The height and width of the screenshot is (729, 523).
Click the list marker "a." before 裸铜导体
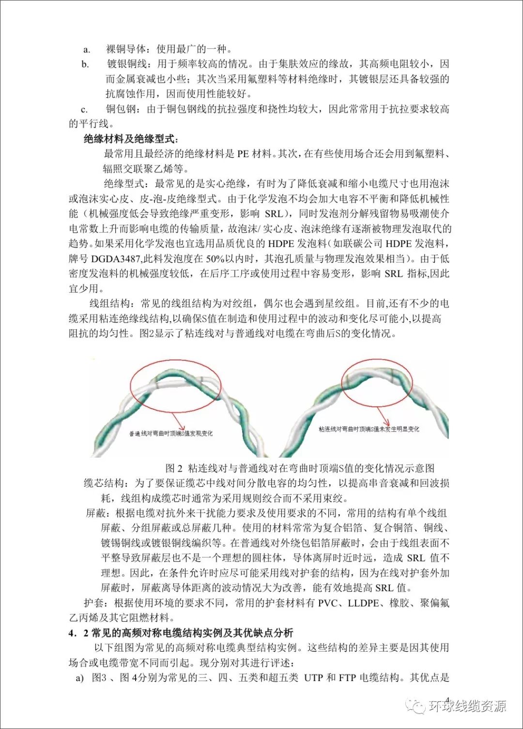click(x=87, y=49)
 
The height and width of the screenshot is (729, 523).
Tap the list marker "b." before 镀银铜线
click(x=85, y=64)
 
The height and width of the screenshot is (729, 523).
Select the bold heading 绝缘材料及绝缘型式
click(x=130, y=139)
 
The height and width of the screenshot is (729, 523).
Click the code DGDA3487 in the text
click(x=116, y=259)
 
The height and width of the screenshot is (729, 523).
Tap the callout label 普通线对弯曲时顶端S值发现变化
click(x=170, y=433)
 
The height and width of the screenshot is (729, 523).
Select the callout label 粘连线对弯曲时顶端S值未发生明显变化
click(x=369, y=429)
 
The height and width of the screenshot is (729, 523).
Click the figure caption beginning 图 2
click(x=300, y=468)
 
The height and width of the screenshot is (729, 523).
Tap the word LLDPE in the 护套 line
click(x=364, y=603)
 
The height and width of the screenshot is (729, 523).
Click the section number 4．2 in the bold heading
click(x=78, y=633)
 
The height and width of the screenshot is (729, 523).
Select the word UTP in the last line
click(x=313, y=678)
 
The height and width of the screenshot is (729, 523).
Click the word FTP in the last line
click(x=347, y=678)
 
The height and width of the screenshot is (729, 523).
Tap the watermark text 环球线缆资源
click(x=467, y=706)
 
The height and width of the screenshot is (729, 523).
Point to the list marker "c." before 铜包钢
click(x=84, y=109)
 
